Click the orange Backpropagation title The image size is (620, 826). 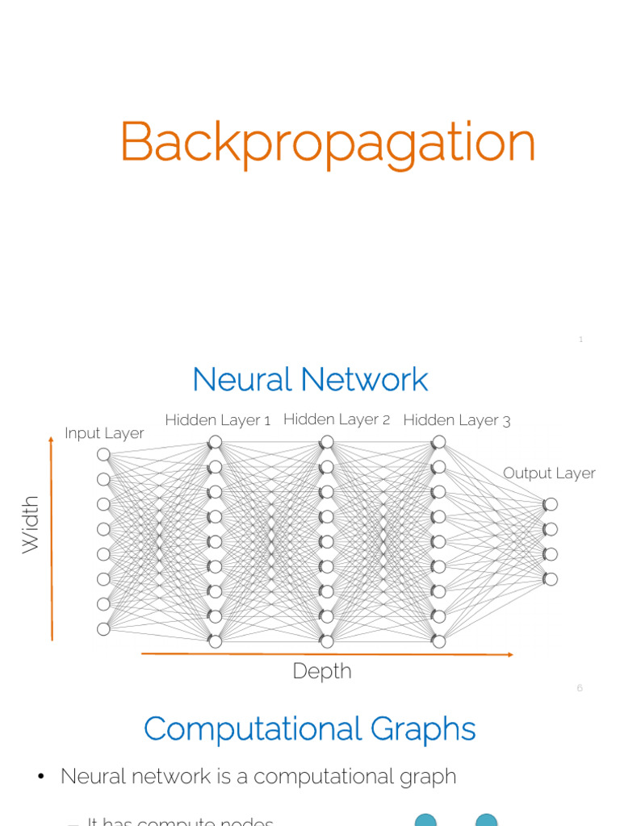[327, 144]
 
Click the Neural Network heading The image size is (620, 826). [310, 379]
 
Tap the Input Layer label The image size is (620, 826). [104, 433]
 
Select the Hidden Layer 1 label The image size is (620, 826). [217, 420]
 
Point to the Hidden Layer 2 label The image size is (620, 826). [337, 419]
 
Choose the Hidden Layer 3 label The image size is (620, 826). [456, 420]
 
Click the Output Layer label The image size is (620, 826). [549, 473]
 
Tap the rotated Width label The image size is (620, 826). [31, 524]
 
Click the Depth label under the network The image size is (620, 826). [322, 671]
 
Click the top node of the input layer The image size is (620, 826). [103, 455]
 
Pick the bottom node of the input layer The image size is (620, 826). [103, 629]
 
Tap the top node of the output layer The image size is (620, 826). [551, 505]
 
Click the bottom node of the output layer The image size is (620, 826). [551, 579]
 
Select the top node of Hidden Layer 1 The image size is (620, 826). [215, 442]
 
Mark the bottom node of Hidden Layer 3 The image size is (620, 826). [438, 642]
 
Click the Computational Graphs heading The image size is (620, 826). [310, 729]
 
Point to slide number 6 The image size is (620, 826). [580, 688]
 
